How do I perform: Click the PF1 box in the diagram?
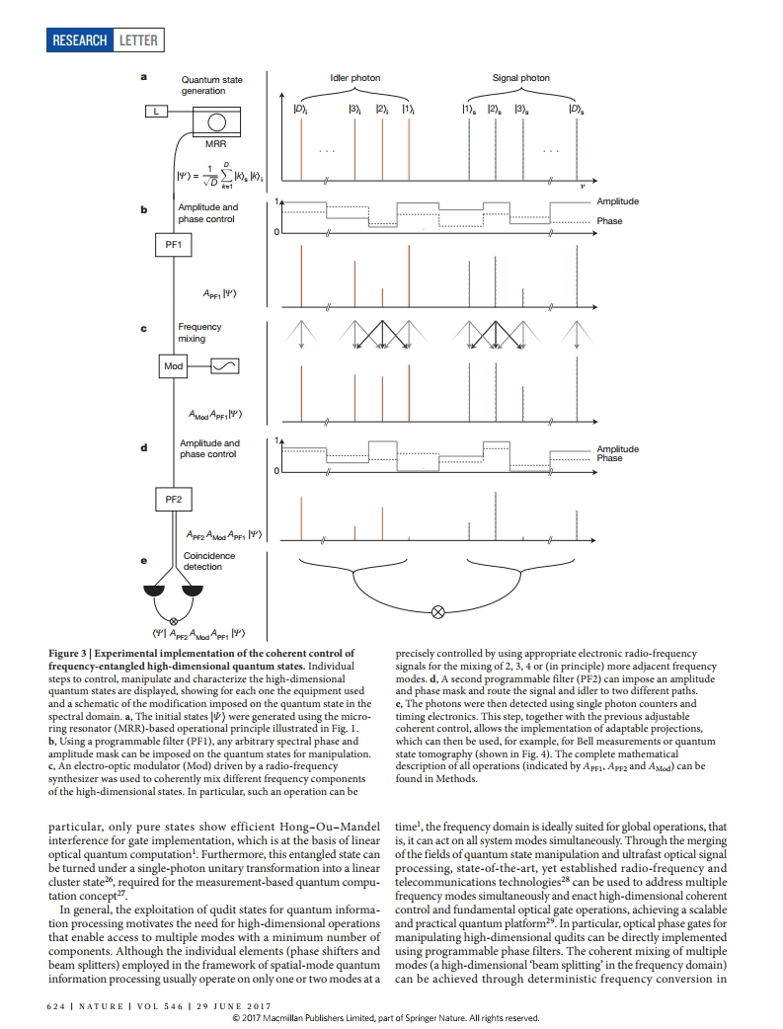[174, 243]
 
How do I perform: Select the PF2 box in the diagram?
[174, 500]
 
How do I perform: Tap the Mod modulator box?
[174, 366]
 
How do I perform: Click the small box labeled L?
[153, 111]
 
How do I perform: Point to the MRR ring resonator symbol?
[215, 122]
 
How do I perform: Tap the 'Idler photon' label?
[354, 78]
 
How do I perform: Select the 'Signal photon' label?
[521, 78]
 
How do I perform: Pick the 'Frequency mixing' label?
[199, 332]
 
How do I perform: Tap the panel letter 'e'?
[143, 560]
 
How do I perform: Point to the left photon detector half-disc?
[156, 591]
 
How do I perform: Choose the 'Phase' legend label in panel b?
[609, 221]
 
